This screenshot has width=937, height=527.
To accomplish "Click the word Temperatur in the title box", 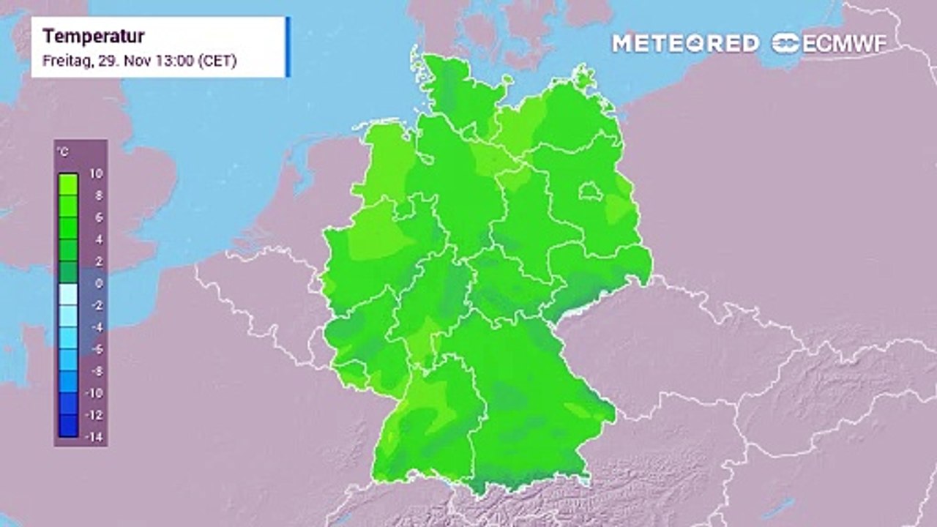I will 94,37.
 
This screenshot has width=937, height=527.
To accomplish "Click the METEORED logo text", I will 685,44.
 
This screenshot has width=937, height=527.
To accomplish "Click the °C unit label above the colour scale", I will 63,152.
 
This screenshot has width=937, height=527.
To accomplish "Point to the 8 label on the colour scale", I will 98,196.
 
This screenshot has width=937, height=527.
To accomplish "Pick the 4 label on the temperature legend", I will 98,239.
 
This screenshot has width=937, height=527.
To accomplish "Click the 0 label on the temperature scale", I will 98,283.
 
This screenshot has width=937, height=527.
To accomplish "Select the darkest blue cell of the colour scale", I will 68,426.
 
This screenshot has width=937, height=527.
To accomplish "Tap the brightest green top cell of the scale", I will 68,183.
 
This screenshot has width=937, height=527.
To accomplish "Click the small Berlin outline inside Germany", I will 591,193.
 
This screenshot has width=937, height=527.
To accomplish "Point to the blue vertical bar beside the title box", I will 288,47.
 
